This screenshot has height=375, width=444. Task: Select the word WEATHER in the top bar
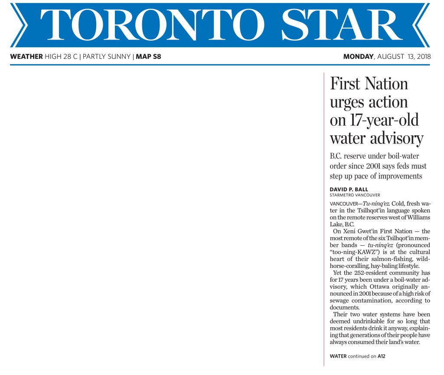tap(26, 56)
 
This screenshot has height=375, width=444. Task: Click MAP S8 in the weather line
tap(148, 56)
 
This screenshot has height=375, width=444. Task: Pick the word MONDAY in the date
tap(358, 56)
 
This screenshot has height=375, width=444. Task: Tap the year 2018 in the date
tap(421, 56)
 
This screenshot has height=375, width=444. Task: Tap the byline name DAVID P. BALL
tap(349, 189)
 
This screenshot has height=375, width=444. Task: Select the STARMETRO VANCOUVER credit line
tap(355, 195)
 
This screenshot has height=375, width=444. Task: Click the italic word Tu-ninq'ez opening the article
tap(372, 203)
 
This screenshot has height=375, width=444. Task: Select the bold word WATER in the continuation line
tap(338, 356)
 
